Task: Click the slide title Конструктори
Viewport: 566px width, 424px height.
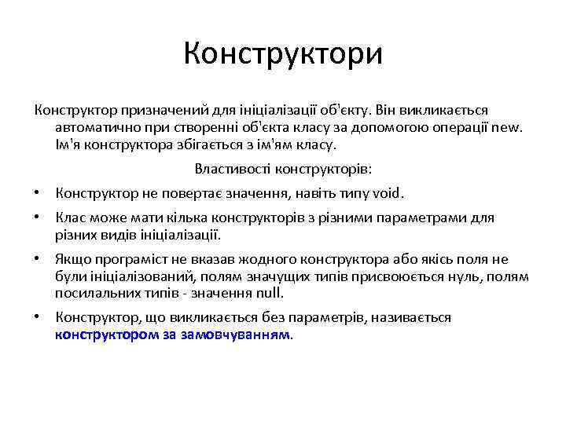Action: tap(283, 55)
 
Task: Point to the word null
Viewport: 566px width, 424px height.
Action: tap(269, 294)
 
